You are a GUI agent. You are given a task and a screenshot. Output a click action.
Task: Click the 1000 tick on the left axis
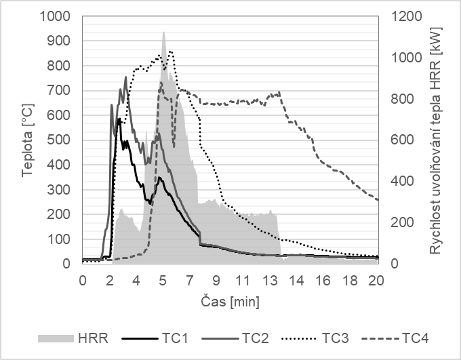coord(57,16)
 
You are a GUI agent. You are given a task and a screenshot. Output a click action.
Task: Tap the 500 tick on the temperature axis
coord(61,140)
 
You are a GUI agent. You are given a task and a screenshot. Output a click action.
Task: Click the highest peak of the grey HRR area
coord(163,32)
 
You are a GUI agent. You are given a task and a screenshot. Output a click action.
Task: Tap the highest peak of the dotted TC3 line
coord(169,51)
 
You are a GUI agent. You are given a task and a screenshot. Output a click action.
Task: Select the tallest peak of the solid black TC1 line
coord(119,119)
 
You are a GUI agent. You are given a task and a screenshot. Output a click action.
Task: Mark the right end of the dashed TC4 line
coord(377,199)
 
